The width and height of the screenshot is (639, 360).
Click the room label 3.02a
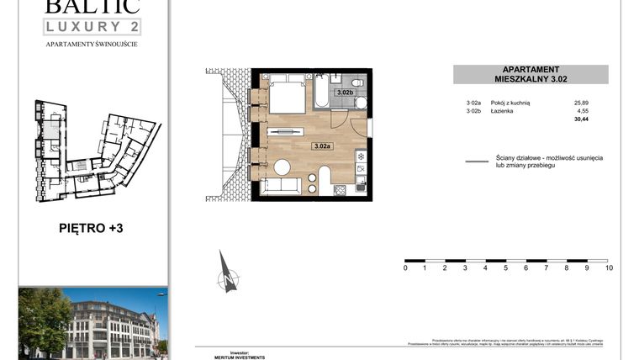322,146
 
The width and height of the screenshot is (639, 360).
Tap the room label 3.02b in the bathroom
344,93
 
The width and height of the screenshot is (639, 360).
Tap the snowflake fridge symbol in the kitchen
360,156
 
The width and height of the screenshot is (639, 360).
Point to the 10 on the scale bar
609,268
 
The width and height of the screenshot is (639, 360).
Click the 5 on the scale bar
506,268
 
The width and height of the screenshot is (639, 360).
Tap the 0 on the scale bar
405,268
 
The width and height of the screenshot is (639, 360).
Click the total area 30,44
581,119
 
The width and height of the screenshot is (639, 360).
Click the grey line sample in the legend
478,161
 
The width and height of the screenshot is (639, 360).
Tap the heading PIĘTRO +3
92,227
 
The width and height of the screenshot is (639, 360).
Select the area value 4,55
583,110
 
